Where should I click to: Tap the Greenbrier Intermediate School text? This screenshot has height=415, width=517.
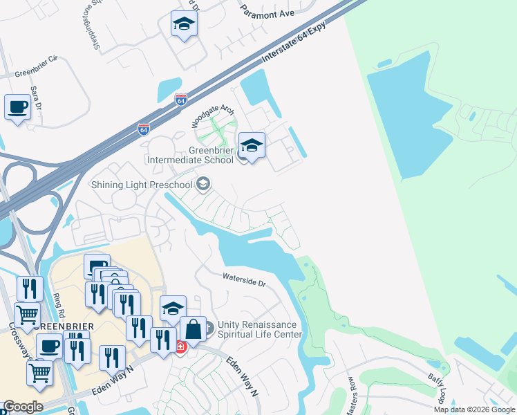[192, 155]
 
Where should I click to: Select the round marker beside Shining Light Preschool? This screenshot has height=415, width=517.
[203, 183]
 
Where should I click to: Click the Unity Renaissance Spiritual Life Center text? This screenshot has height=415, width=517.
[260, 329]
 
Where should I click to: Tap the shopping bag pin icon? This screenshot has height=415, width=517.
[193, 329]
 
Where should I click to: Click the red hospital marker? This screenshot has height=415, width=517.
[180, 347]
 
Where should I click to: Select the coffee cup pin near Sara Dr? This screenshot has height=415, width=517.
[18, 107]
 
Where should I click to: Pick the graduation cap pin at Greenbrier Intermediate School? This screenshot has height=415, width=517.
[252, 145]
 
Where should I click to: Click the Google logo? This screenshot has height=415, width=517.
[23, 407]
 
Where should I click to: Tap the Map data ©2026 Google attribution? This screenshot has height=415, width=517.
[474, 409]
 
